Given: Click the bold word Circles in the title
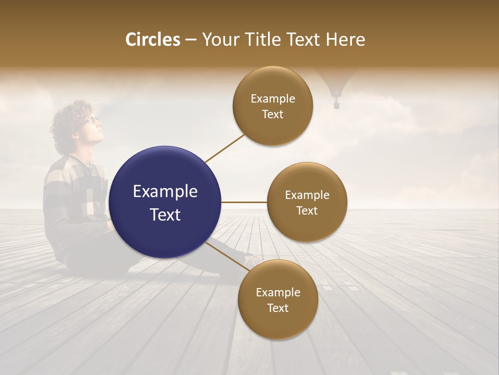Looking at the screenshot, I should coord(153,40).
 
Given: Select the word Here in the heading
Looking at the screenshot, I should coord(345,40).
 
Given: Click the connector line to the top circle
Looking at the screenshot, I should coord(225,148).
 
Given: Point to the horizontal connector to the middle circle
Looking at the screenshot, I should coord(244,202).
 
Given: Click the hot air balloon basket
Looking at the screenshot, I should coord(336,105).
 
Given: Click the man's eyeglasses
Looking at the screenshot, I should coord(93,119).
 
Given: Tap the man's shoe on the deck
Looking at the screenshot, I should coord(251,258).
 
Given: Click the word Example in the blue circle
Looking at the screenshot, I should coord(165,192).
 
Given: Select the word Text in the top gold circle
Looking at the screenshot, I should coord(272,115).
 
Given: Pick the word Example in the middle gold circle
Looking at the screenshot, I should coord(307,195).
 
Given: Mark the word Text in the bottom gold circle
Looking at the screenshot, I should coord(278,308).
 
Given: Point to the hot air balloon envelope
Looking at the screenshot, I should coord(337,81).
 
